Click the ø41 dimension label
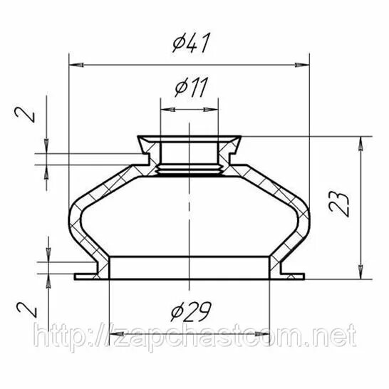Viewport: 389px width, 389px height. pyautogui.click(x=192, y=43)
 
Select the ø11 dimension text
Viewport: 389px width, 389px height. pyautogui.click(x=191, y=87)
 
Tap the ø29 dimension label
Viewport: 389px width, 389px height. pyautogui.click(x=191, y=311)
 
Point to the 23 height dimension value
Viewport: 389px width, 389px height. pyautogui.click(x=339, y=204)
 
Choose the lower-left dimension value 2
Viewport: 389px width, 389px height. pyautogui.click(x=26, y=310)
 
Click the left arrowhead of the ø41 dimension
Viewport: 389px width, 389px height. pyautogui.click(x=76, y=65)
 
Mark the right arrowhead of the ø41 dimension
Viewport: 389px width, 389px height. pyautogui.click(x=302, y=65)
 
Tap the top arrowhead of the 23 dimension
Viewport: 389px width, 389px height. pyautogui.click(x=361, y=143)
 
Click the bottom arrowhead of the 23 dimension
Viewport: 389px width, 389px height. pyautogui.click(x=361, y=272)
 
